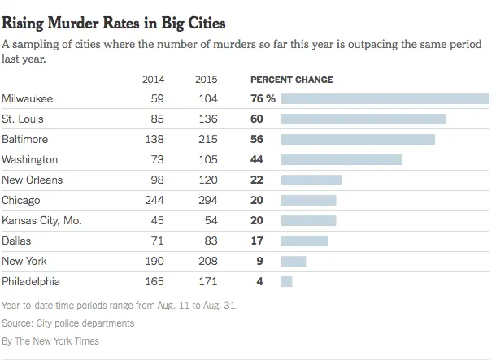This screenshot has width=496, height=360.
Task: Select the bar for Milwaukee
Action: [x=385, y=98]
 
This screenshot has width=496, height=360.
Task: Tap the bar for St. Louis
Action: [x=363, y=119]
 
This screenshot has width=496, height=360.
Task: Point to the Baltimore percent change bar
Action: [x=358, y=139]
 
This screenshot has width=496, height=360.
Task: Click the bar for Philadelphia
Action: [x=286, y=281]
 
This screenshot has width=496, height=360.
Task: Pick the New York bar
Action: [x=293, y=261]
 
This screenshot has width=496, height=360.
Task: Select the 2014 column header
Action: [x=153, y=80]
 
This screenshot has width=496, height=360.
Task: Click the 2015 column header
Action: [x=207, y=80]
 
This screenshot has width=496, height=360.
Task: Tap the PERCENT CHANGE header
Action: [x=290, y=80]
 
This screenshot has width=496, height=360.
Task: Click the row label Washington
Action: [x=29, y=159]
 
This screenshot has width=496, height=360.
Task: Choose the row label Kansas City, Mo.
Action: [x=42, y=220]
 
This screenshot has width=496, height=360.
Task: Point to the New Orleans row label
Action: [x=33, y=180]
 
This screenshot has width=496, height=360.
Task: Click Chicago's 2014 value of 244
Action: [x=153, y=200]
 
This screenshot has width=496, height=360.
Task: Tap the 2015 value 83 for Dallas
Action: [x=210, y=241]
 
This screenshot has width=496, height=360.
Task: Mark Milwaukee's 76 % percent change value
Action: [x=261, y=98]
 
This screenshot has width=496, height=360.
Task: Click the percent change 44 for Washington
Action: [x=256, y=159]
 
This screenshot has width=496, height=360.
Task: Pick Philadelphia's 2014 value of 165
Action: [x=153, y=281]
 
